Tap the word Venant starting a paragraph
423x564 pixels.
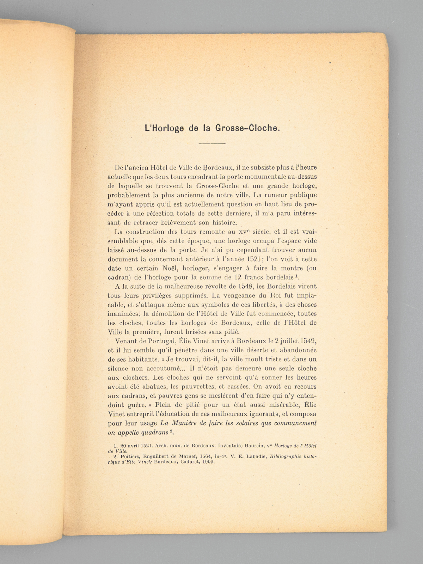coord(126,341)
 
